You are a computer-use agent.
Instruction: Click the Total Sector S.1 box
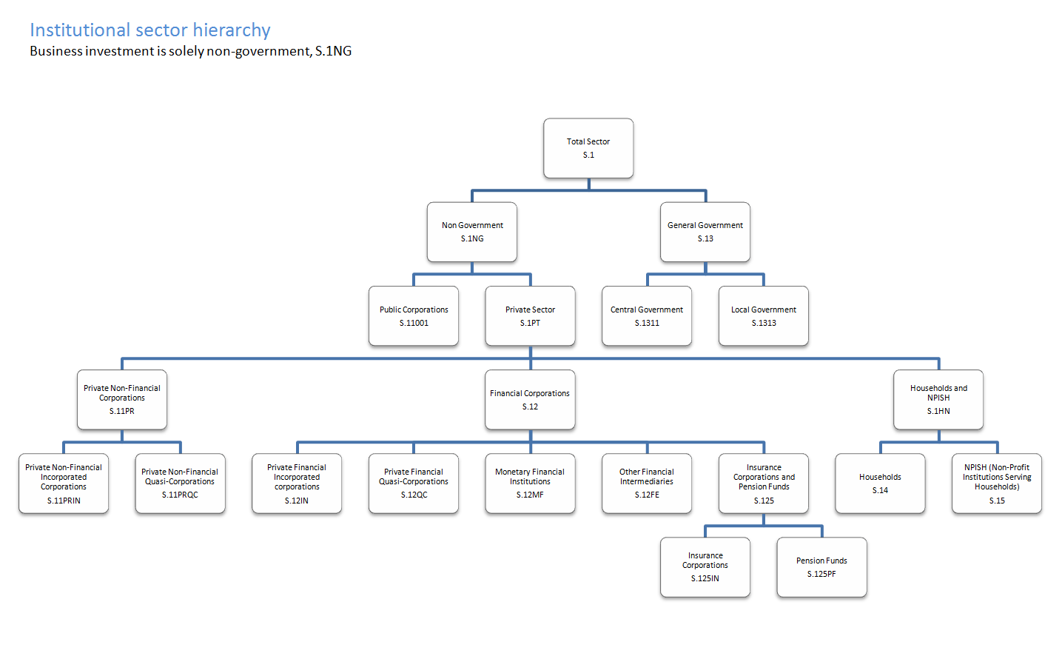point(588,148)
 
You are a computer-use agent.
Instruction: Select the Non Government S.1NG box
point(472,232)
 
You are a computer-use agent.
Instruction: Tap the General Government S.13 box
point(705,232)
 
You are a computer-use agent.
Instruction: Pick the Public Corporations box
point(414,316)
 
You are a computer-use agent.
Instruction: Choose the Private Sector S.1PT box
point(530,316)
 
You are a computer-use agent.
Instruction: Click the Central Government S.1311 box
point(647,316)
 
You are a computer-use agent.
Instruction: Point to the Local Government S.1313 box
point(764,316)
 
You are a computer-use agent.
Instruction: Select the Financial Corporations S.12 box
point(530,400)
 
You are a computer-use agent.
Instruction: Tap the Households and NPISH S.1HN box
point(938,400)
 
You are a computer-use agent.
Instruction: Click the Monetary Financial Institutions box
point(530,484)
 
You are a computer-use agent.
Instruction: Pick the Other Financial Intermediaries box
point(647,484)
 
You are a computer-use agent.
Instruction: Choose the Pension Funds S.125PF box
point(821,567)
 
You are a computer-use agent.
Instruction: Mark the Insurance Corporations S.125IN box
point(705,567)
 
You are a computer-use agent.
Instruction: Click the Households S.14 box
point(880,484)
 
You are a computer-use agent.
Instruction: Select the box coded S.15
point(997,484)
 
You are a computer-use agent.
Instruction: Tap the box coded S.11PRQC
point(181,484)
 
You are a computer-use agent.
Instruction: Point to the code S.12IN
point(297,501)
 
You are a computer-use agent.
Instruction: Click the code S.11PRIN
point(64,501)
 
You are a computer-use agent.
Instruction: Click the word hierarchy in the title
point(232,30)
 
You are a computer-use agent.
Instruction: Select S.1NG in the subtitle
point(333,51)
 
